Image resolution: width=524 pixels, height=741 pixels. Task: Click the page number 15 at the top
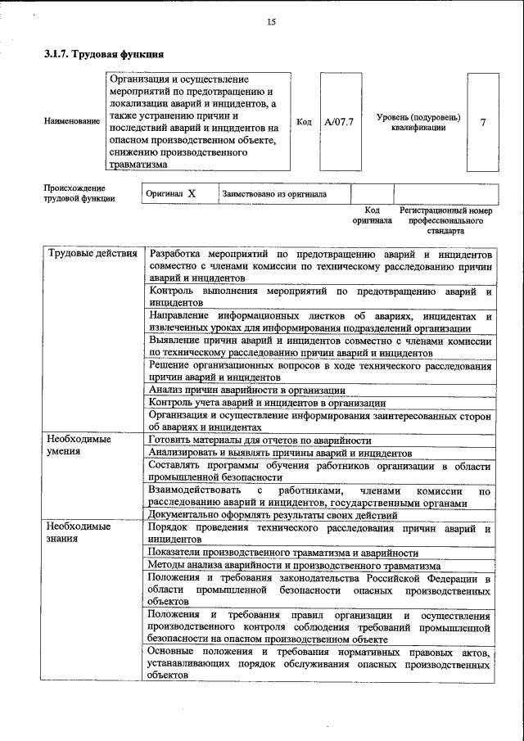(271, 22)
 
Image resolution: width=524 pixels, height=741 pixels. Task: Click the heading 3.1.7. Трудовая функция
(104, 55)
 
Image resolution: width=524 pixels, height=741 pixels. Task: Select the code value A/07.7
(338, 122)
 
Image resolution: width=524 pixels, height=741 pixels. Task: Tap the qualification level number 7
(483, 122)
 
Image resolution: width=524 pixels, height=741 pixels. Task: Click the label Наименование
(72, 122)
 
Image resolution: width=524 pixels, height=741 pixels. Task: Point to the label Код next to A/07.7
(304, 122)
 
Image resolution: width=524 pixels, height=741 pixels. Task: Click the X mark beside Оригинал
(192, 194)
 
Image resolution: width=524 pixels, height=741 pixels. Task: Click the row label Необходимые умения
(79, 445)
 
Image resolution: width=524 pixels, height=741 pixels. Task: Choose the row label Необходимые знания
(79, 533)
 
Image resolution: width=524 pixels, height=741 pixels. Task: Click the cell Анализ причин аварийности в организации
(246, 391)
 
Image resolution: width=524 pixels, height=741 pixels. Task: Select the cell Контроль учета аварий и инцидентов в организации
(267, 403)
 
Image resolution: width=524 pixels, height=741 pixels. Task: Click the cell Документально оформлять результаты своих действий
(273, 515)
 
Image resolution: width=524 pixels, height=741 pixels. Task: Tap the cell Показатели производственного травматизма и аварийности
(282, 553)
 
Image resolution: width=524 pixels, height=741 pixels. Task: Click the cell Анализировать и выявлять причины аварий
(280, 452)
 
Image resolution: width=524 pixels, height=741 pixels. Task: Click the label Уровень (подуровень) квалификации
(418, 122)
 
